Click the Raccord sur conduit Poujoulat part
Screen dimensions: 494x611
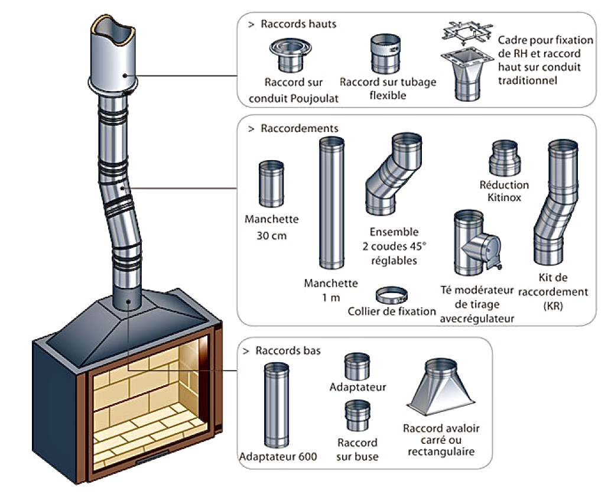pyautogui.click(x=287, y=56)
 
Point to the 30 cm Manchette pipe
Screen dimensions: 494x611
pyautogui.click(x=271, y=184)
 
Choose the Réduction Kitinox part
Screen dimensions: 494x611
pyautogui.click(x=503, y=159)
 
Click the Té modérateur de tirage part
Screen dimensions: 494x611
pyautogui.click(x=473, y=242)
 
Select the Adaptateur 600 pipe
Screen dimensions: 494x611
pyautogui.click(x=275, y=405)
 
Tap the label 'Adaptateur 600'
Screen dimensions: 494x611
pyautogui.click(x=278, y=457)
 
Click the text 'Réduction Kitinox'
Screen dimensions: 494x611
pyautogui.click(x=504, y=191)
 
